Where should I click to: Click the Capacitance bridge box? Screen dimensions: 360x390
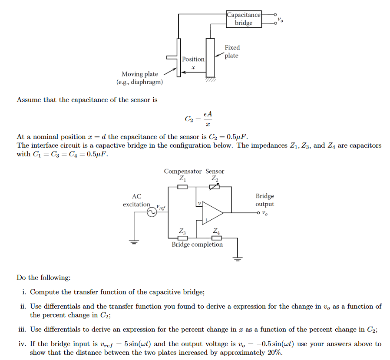point(244,19)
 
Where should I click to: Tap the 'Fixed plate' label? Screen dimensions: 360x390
point(232,51)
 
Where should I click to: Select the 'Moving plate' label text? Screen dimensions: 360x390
point(139,74)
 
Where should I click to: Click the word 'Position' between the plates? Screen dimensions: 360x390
point(193,59)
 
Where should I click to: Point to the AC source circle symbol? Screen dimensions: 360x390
point(152,212)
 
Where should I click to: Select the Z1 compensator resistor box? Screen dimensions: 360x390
point(183,187)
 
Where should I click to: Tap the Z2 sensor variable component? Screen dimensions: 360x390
point(215,187)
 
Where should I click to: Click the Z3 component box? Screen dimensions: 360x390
point(183,238)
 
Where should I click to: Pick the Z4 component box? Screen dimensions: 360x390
point(216,238)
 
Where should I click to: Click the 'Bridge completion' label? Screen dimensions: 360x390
point(197,244)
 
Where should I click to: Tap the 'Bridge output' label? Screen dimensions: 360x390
point(264,200)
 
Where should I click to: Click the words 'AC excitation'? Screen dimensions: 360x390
point(136,200)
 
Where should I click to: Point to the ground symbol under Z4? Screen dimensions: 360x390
point(237,259)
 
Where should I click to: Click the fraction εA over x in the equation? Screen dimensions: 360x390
point(208,119)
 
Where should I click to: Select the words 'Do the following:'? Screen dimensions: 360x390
point(43,277)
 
